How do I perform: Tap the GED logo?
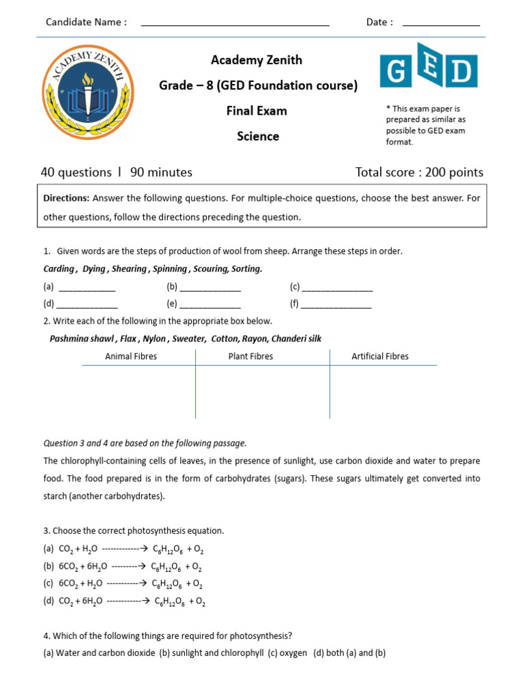428,71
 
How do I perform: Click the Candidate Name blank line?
235,23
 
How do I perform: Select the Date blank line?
441,23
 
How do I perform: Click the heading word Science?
258,136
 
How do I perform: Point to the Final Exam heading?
257,111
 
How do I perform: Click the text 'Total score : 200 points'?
419,172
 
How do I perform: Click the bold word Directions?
66,199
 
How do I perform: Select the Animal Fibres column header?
131,356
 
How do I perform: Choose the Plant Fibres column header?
250,356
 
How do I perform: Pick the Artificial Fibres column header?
380,356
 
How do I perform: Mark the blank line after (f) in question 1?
336,304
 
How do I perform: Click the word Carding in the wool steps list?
59,269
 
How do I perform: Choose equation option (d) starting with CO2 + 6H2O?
124,601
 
